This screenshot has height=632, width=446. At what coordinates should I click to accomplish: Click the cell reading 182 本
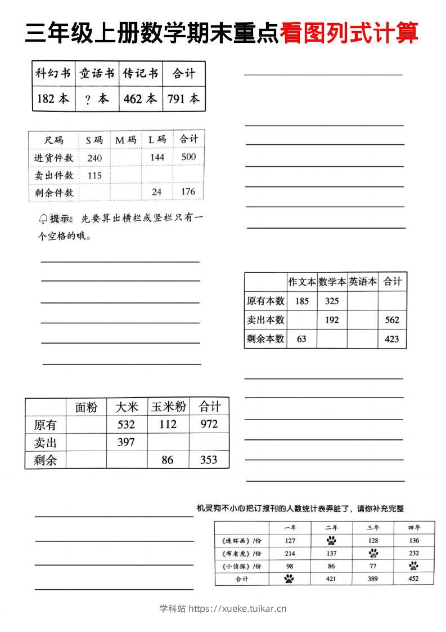click(x=53, y=99)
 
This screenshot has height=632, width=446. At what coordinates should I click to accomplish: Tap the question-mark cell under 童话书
click(x=97, y=99)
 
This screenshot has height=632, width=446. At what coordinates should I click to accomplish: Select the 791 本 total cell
click(x=183, y=99)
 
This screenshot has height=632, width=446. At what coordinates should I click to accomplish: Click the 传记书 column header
click(x=141, y=73)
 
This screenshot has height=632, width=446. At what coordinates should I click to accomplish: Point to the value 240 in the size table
click(x=94, y=158)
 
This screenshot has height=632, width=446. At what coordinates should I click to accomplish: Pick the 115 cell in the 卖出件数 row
click(x=94, y=175)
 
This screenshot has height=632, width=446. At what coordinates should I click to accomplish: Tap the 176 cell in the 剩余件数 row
click(x=188, y=192)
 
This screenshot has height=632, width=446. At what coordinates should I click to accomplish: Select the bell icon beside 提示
click(x=43, y=219)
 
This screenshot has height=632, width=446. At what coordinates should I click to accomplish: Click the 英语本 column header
click(x=363, y=282)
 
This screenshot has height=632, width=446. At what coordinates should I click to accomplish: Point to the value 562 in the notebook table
click(x=392, y=320)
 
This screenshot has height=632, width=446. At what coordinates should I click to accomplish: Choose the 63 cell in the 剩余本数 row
click(x=302, y=339)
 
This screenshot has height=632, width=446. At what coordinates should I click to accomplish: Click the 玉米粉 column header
click(x=168, y=407)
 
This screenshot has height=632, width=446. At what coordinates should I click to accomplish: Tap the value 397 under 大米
click(x=126, y=442)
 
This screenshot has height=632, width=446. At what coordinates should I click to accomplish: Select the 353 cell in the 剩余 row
click(x=209, y=460)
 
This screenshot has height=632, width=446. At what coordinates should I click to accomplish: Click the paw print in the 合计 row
click(x=289, y=578)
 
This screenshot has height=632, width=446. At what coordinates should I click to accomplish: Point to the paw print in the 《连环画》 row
click(x=331, y=541)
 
